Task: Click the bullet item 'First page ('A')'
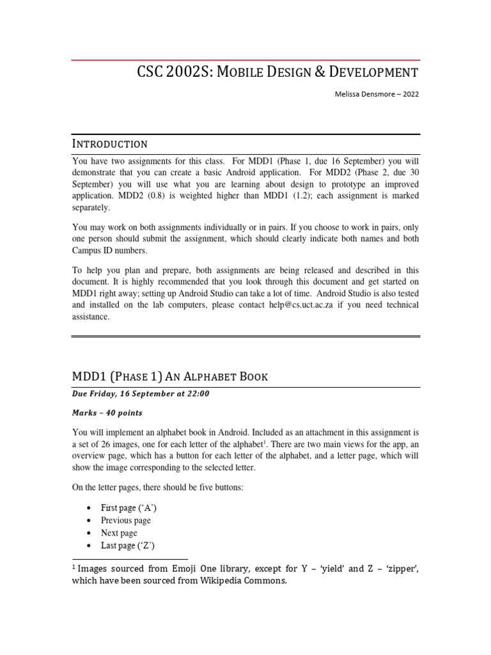tap(129, 508)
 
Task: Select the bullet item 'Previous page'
tap(126, 521)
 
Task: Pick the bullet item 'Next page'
tap(119, 533)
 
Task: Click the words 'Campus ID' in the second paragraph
tap(95, 251)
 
